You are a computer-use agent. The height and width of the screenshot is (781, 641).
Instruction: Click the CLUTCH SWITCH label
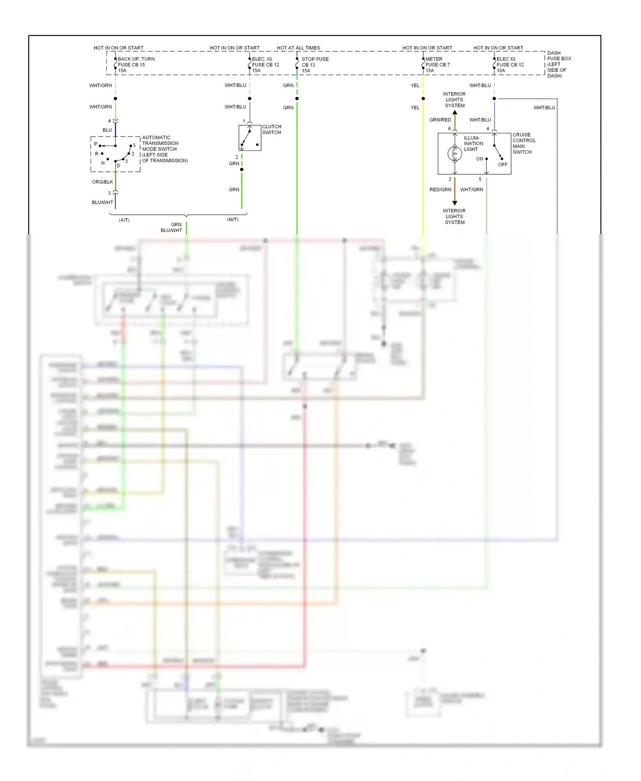(x=271, y=129)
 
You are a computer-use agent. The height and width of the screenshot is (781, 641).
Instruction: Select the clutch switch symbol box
(x=250, y=138)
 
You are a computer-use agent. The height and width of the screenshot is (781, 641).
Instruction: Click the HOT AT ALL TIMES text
(x=298, y=48)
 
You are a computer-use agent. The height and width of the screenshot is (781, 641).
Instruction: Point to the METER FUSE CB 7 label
(x=437, y=65)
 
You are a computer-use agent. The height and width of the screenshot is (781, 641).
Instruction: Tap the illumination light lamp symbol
(x=455, y=153)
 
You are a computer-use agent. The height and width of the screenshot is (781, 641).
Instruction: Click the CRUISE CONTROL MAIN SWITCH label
(x=523, y=143)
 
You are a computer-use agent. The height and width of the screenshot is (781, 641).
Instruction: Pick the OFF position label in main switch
(x=503, y=164)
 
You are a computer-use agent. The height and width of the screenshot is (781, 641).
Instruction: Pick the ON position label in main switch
(x=479, y=159)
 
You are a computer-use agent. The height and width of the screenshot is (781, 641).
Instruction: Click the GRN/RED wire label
(x=440, y=120)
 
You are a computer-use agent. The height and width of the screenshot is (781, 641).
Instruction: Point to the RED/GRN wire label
(x=440, y=190)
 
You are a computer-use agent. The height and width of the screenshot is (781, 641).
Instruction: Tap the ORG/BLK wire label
(x=103, y=182)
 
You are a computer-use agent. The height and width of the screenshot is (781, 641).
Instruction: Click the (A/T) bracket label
(x=124, y=220)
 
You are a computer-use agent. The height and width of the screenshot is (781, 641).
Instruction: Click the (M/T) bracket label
(x=232, y=220)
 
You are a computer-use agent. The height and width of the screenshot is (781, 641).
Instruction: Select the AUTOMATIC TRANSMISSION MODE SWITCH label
(x=164, y=149)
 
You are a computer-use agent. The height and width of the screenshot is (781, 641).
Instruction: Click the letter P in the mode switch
(x=96, y=144)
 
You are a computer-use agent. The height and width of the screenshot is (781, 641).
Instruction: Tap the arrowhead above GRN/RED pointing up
(x=455, y=112)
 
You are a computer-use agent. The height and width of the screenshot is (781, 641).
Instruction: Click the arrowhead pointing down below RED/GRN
(x=455, y=203)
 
